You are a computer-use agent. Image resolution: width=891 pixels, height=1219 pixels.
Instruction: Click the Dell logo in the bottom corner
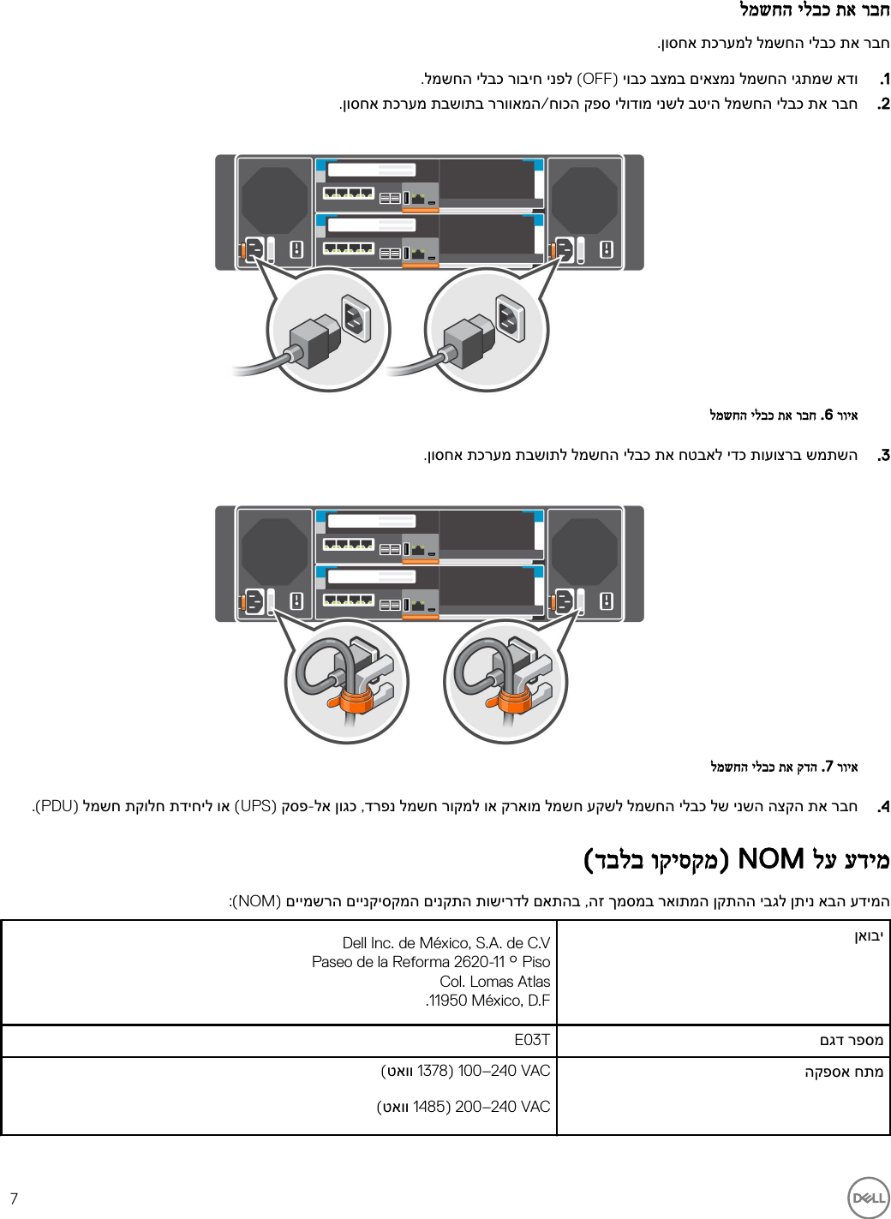[868, 1197]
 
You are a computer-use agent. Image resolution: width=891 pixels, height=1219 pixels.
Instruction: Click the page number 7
[14, 1198]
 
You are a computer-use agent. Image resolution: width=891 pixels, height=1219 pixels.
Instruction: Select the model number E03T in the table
[531, 1040]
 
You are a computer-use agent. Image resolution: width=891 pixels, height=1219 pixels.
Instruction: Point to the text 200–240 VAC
[502, 1107]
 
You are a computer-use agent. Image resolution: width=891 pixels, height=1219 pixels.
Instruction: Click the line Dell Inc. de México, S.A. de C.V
[445, 943]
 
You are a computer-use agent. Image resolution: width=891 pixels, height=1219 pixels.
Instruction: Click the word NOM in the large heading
[770, 859]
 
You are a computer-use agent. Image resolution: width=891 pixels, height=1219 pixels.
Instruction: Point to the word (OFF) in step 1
[597, 80]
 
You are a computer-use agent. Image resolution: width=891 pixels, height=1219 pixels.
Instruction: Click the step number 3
[883, 456]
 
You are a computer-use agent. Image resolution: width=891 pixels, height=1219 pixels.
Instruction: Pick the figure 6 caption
[783, 415]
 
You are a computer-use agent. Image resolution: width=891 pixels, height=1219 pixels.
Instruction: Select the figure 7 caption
[783, 767]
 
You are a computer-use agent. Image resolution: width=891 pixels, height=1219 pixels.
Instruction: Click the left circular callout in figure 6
[328, 330]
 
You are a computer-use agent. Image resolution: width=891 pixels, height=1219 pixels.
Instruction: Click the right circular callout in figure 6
[487, 330]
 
